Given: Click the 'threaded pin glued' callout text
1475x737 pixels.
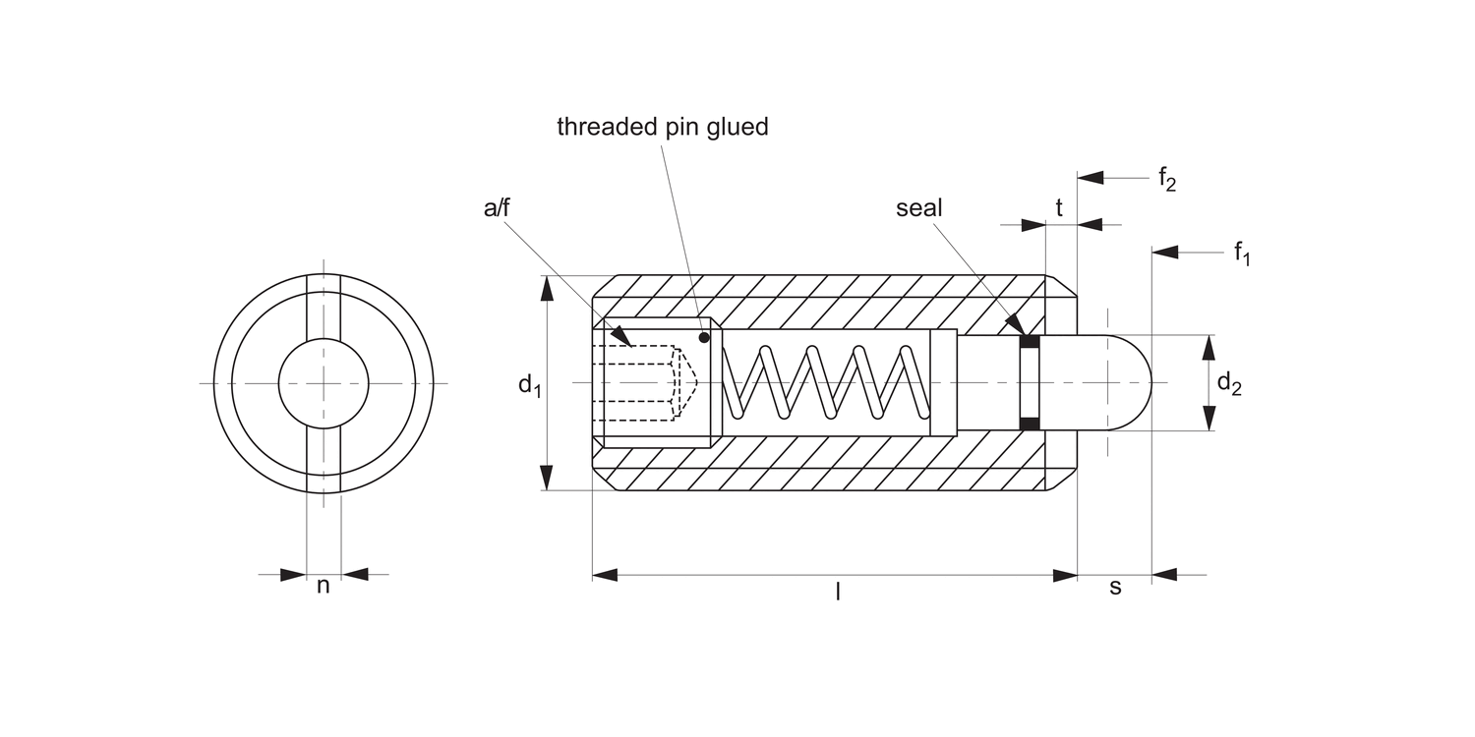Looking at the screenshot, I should point(662,127).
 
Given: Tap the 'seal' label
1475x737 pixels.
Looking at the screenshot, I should point(918,208).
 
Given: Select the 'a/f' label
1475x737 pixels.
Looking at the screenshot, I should point(497,207).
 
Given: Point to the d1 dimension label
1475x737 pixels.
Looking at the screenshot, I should point(530,385).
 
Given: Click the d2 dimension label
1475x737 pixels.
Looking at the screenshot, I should point(1229,385).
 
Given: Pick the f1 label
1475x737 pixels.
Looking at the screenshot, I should point(1243,254).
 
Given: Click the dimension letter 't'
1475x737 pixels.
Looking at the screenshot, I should point(1059,208).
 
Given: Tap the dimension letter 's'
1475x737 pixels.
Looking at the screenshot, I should point(1115,587).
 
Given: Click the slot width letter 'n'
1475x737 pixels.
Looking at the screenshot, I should point(323,587).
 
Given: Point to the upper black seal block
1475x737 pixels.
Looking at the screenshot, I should point(1030,342).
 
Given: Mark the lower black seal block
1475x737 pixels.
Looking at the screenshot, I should point(1030,424).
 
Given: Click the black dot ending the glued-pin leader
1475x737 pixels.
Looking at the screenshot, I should point(704,338).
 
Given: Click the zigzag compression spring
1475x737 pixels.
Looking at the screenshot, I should point(826,383).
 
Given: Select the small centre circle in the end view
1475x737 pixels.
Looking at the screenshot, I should point(324,383).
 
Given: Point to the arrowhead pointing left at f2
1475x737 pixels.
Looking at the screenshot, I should point(1091,178).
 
